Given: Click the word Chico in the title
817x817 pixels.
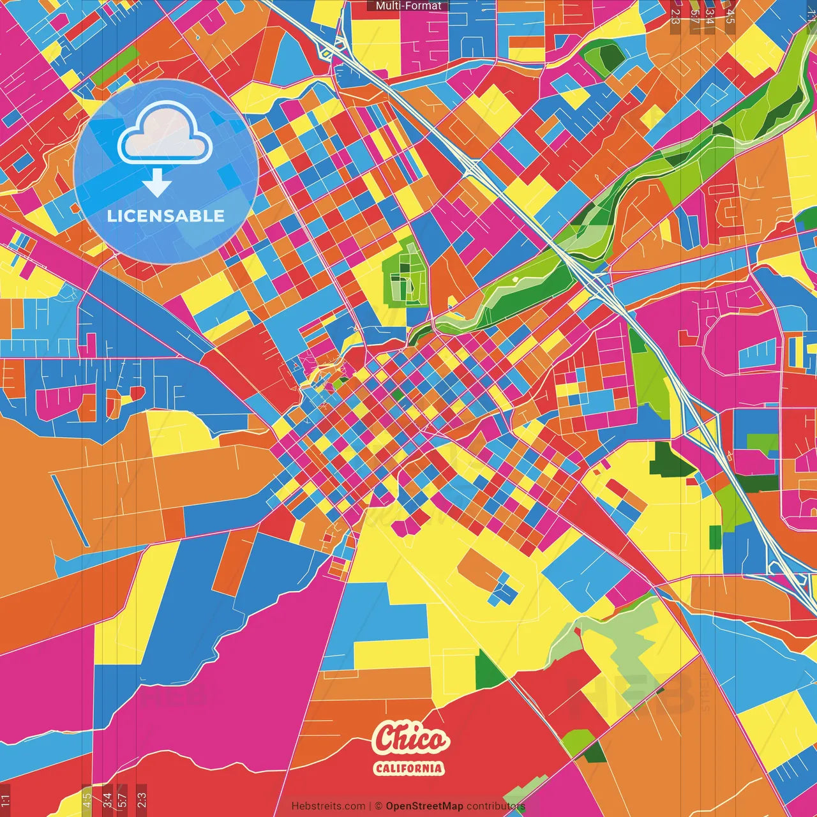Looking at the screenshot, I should (411, 740).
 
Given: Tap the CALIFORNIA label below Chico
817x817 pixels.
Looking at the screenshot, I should (408, 768).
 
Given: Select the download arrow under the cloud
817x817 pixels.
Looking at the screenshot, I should (157, 185).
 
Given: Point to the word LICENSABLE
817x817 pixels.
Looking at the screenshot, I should (166, 216).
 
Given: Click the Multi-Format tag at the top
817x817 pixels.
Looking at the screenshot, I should (408, 6).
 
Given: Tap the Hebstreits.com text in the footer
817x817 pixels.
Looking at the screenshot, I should (328, 806).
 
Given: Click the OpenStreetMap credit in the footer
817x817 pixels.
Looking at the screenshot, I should (424, 806).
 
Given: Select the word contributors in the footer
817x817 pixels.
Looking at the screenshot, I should (496, 806).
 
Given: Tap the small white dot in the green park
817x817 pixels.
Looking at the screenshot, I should (515, 280).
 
